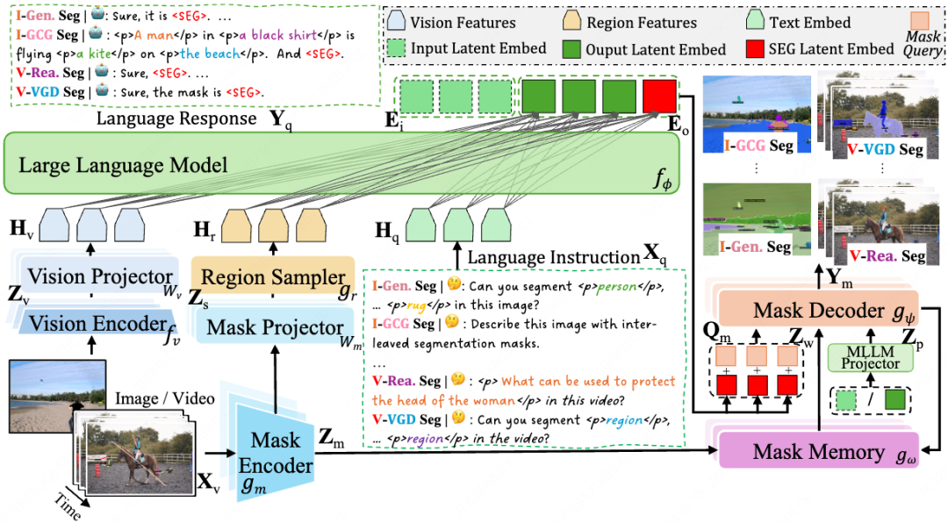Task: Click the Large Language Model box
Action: pos(341,163)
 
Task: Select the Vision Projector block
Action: pos(100,276)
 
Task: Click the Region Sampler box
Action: pos(273,276)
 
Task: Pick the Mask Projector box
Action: pos(275,327)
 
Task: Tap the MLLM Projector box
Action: pos(870,358)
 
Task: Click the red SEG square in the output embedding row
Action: pos(659,96)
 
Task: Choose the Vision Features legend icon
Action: pos(397,22)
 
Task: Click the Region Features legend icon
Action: pos(572,22)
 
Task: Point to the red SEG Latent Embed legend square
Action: pos(755,48)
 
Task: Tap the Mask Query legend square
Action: pos(919,20)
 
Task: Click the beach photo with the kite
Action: pos(57,396)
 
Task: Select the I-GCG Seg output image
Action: pos(757,114)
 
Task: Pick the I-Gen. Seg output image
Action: pos(757,219)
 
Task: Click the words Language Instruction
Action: pos(553,258)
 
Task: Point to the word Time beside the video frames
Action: pos(67,506)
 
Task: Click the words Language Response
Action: pos(176,118)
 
